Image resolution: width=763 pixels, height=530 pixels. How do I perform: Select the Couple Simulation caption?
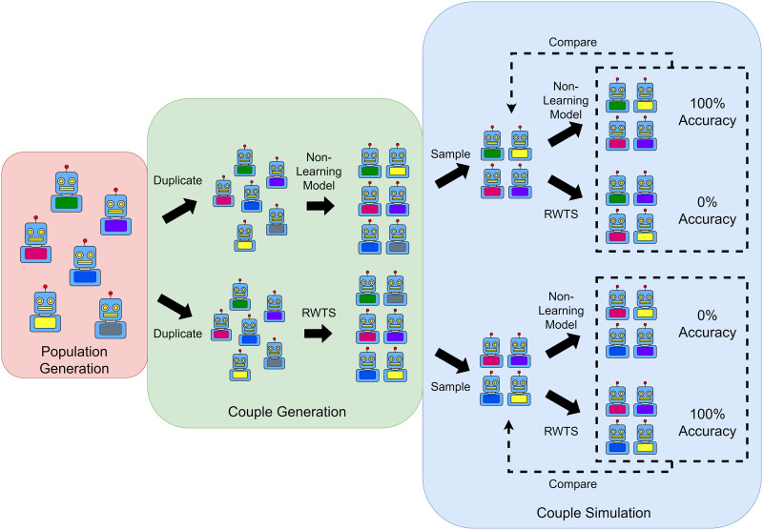point(592,512)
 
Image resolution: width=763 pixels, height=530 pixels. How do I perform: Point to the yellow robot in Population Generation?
point(44,311)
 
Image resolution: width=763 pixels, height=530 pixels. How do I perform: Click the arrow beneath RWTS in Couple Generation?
point(319,334)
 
